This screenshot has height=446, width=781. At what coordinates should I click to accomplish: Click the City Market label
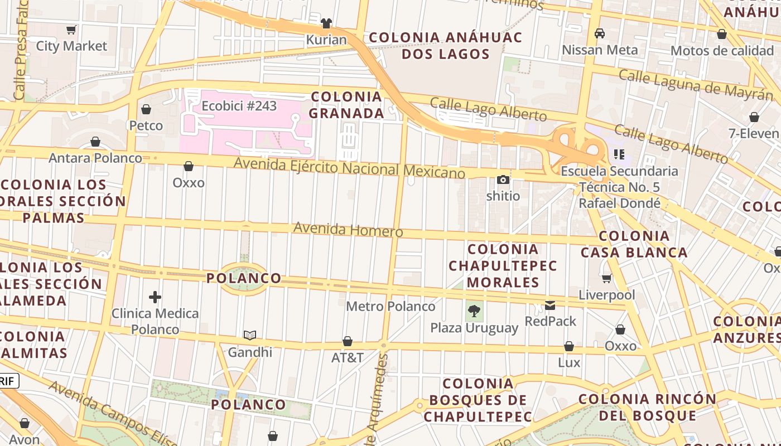(x=71, y=46)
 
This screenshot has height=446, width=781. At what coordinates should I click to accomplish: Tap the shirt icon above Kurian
(x=326, y=23)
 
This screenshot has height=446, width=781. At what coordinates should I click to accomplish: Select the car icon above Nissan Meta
(x=600, y=33)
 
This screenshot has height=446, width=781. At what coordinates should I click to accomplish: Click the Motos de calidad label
(x=722, y=51)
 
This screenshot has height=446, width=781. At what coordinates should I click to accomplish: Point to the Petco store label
(x=146, y=125)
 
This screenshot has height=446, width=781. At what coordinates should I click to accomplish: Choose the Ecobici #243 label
(x=239, y=105)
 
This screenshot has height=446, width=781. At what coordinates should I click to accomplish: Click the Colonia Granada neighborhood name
(x=346, y=105)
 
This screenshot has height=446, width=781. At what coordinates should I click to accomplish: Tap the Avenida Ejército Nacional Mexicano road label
(x=349, y=167)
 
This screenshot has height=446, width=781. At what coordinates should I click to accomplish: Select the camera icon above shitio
(x=503, y=180)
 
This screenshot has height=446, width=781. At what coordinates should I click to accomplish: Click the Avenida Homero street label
(x=348, y=229)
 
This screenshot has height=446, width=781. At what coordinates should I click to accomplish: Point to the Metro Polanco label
(x=390, y=306)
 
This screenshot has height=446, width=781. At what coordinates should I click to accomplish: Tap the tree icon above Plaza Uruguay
(x=474, y=311)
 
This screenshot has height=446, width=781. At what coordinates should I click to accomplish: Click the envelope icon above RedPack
(x=551, y=305)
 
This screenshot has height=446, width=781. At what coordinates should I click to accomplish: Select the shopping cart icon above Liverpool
(x=607, y=278)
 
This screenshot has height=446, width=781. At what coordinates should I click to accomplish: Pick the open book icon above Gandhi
(x=250, y=335)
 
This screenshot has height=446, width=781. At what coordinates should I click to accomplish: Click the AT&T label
(x=347, y=357)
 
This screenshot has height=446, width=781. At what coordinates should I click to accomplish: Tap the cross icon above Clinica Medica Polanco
(x=155, y=297)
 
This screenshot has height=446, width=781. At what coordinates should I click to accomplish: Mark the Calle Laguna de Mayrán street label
(x=696, y=84)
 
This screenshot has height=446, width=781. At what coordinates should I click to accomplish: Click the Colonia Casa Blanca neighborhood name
(x=634, y=244)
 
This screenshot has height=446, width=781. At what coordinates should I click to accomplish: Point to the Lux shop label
(x=569, y=362)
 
